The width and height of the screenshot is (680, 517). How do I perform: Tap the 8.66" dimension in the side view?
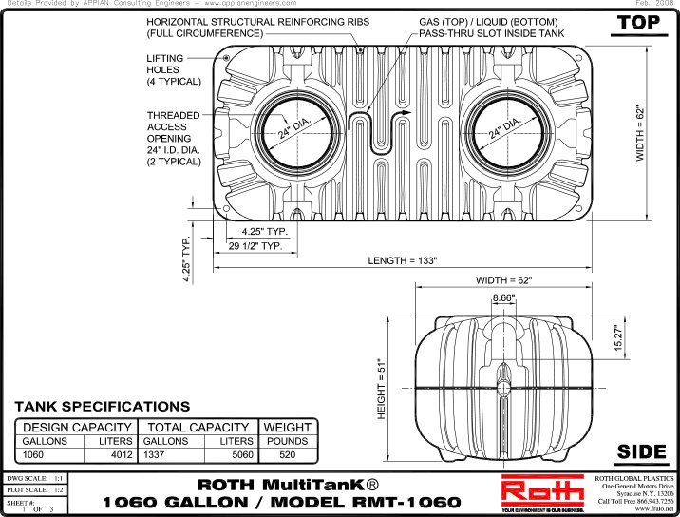[x=504, y=298]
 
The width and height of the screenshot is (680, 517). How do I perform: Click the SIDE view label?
[x=641, y=450]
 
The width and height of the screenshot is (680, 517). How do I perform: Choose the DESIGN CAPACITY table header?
[x=77, y=428]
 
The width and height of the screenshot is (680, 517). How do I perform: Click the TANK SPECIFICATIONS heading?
[x=102, y=407]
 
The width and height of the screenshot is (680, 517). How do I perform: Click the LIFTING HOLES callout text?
[x=173, y=69]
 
